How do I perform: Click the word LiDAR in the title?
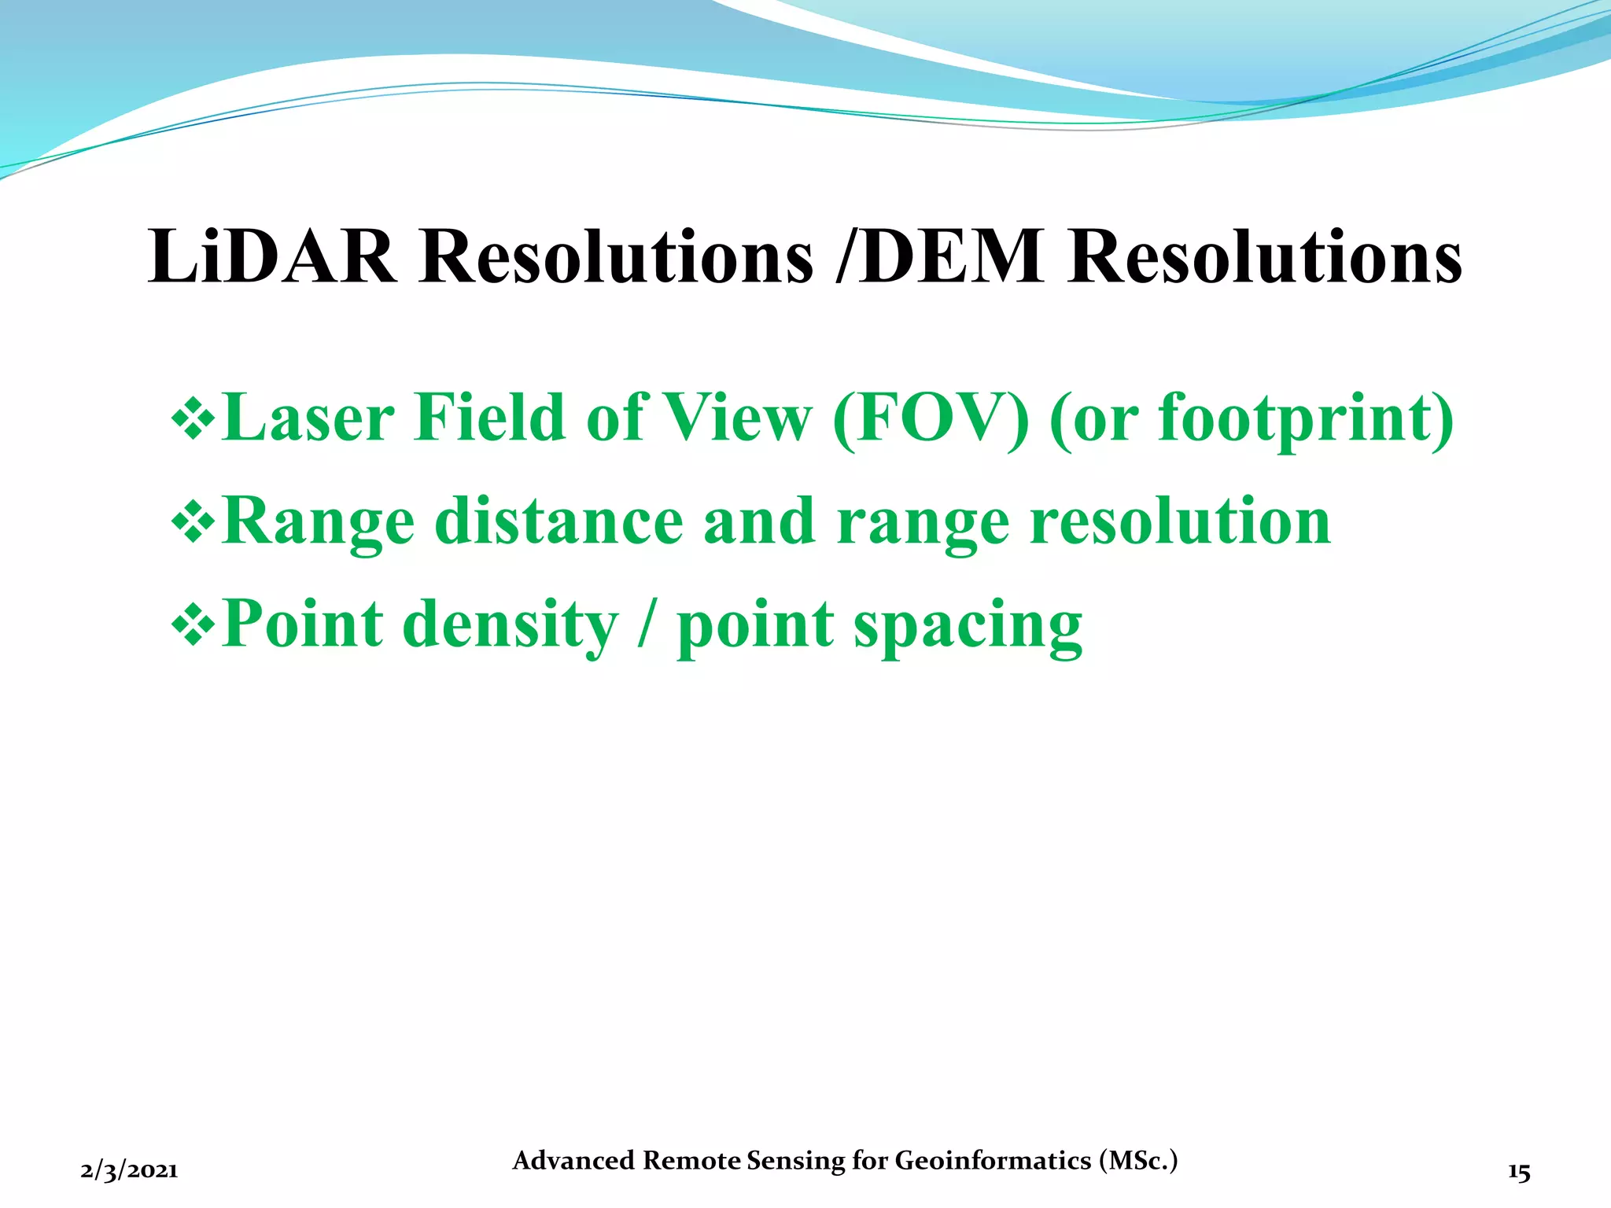click(x=272, y=256)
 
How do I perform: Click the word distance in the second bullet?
click(x=559, y=521)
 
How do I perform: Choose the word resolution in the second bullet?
click(x=1180, y=521)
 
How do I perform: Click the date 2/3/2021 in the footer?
click(x=129, y=1171)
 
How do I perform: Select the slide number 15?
click(x=1519, y=1172)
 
